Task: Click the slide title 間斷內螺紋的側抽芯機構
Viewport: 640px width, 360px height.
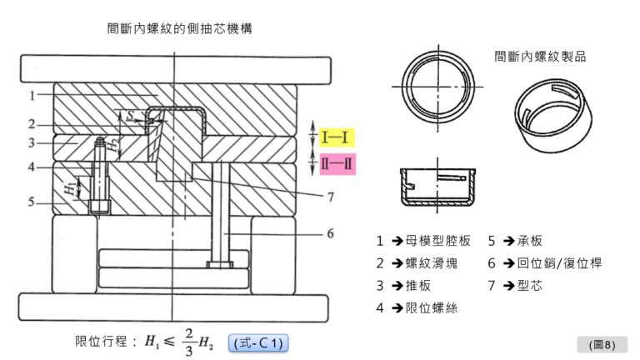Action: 180,28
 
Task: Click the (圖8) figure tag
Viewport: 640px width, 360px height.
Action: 601,344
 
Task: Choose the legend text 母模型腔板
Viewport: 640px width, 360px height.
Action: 437,241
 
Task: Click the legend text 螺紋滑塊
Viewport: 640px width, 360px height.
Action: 431,262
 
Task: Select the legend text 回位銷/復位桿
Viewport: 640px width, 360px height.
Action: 559,262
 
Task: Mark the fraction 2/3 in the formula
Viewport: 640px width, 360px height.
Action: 188,342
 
